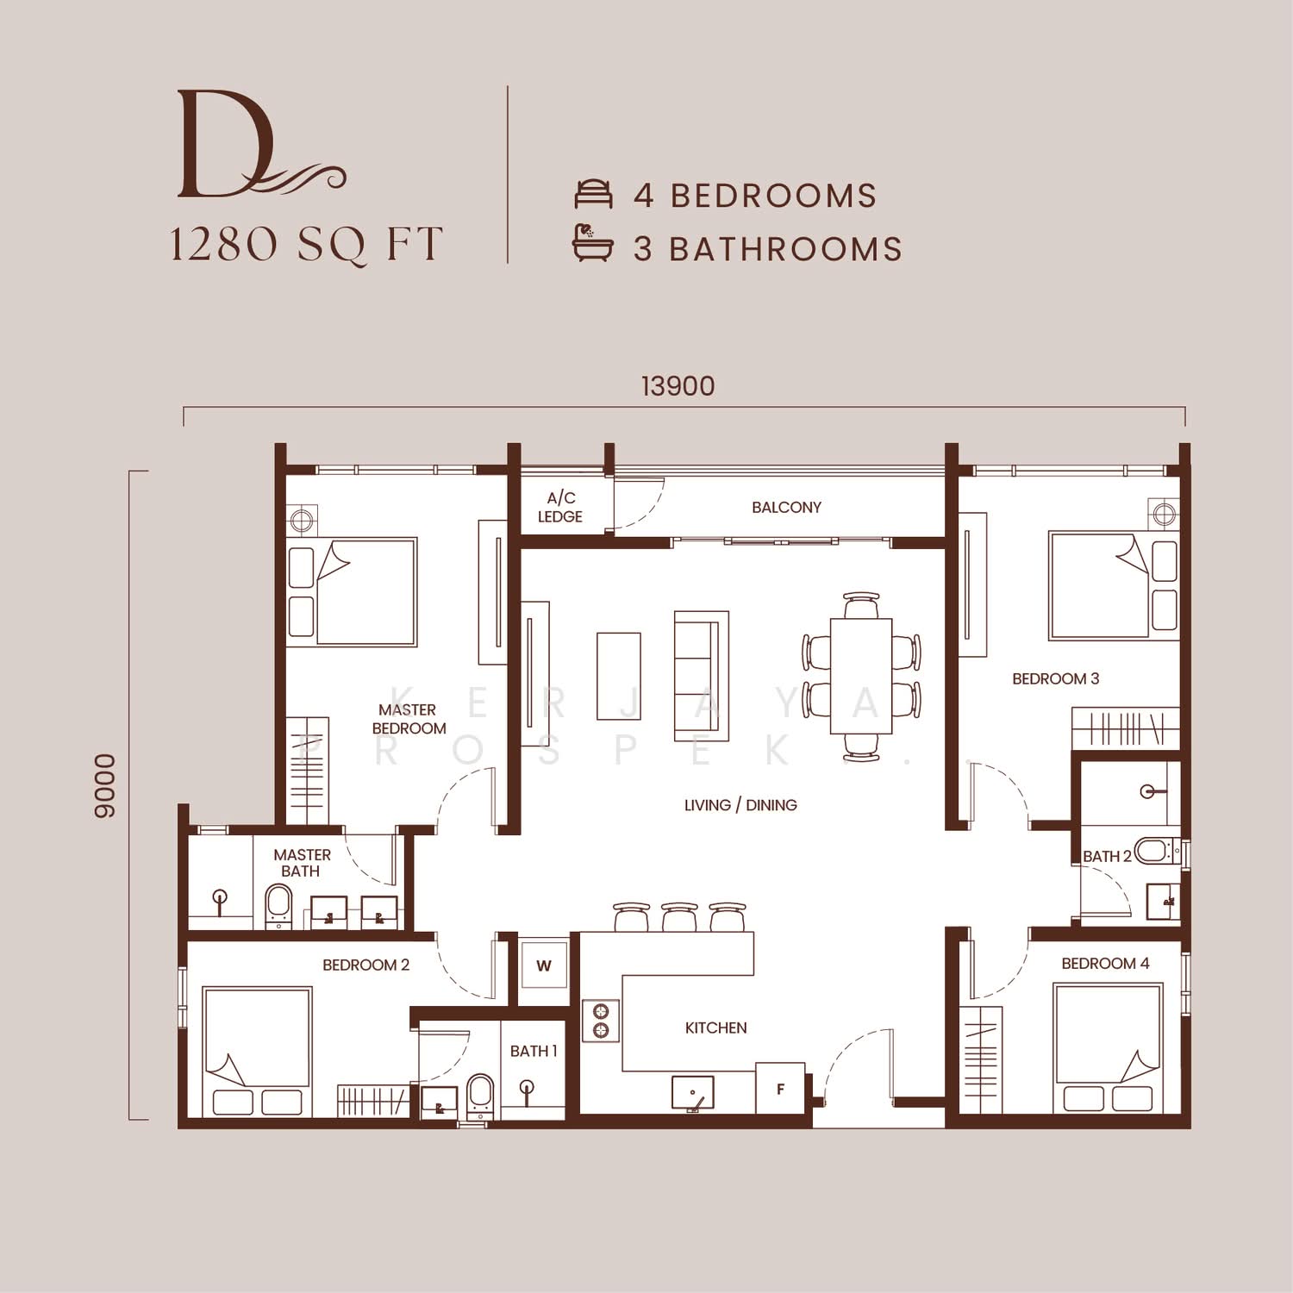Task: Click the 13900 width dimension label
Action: [678, 386]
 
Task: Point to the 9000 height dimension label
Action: [104, 785]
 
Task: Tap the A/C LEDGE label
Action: [560, 507]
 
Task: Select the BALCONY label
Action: [786, 508]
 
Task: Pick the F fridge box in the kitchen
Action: [780, 1089]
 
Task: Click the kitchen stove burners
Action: [601, 1021]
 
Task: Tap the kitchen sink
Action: [693, 1092]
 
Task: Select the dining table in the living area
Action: [860, 676]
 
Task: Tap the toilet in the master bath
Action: [278, 906]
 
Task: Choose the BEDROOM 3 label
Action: [1055, 679]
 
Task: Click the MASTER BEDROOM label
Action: [409, 719]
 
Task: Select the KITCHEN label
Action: [715, 1028]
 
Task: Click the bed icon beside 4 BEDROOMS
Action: [594, 195]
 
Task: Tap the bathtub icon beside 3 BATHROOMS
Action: [593, 243]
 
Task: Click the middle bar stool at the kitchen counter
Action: [679, 916]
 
